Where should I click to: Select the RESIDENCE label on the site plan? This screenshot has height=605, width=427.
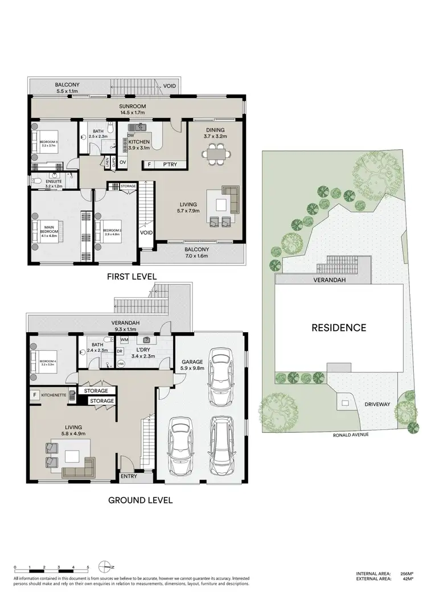pos(338,328)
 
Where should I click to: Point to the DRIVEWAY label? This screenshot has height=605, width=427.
pos(377,404)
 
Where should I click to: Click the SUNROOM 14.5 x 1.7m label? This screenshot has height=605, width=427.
pos(133,109)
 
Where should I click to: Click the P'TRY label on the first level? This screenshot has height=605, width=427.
pos(170,165)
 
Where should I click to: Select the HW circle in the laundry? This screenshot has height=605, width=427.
pos(121,363)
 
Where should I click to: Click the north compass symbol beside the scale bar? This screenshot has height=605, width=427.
pos(106,566)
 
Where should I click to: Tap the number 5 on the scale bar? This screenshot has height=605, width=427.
pos(88,567)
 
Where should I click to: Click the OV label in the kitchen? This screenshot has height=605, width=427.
pos(122,162)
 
